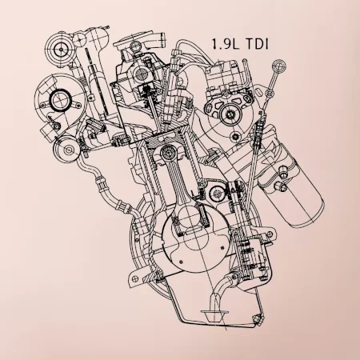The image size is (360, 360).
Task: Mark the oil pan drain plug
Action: click(255, 323)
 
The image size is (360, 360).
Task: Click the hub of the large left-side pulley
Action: click(59, 100)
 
